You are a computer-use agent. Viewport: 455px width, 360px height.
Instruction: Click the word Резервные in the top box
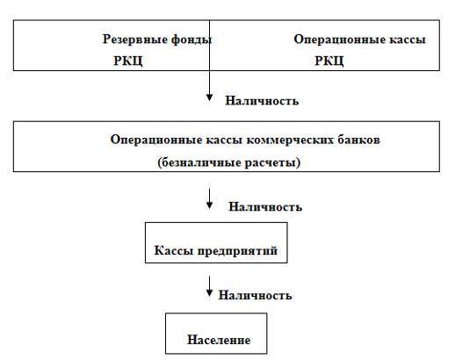coord(134,40)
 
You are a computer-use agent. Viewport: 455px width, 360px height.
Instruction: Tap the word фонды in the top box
coord(191,40)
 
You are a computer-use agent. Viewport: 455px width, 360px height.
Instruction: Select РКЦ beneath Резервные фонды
coord(128,61)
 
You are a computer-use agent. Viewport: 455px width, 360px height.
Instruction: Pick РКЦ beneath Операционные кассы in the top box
coord(329,61)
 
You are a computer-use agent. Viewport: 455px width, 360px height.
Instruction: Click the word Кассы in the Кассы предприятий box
coord(173,251)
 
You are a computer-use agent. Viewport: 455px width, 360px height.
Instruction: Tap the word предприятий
coord(237,251)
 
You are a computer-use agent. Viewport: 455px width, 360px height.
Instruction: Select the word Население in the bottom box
coord(219,340)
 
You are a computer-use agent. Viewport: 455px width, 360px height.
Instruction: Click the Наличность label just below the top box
coord(262,101)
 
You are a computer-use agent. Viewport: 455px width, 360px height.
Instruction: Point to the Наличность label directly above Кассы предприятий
coord(265,207)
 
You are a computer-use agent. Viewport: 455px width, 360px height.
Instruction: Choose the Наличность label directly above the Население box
coord(255,295)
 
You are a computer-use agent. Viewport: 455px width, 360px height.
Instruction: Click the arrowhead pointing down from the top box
coord(209,97)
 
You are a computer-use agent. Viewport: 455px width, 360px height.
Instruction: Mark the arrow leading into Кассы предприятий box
coord(209,199)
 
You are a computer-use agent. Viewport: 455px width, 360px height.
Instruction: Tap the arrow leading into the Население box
coord(209,286)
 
